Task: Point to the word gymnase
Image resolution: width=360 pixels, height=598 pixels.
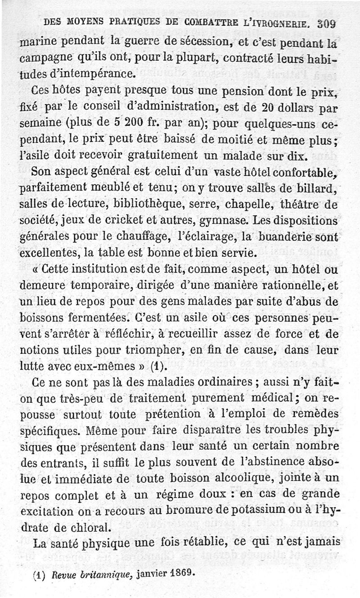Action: pos(221,221)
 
